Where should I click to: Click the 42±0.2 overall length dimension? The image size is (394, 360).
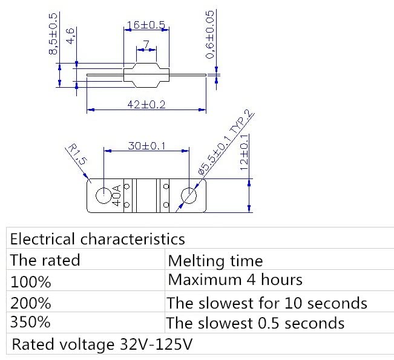(x=146, y=104)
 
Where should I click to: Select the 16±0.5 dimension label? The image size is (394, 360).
(x=145, y=25)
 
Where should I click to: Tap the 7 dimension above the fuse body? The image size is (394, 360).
(x=146, y=44)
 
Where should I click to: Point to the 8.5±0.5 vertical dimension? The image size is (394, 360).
(x=53, y=34)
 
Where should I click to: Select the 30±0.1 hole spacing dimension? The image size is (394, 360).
(x=146, y=146)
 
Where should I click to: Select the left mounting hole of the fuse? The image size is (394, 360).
(x=103, y=196)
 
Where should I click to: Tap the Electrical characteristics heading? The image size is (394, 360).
(x=97, y=238)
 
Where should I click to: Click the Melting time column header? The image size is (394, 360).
(x=215, y=261)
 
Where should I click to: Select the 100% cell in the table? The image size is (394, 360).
(x=31, y=281)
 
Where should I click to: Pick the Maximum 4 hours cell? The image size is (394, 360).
(x=235, y=280)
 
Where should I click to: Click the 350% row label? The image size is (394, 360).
(x=31, y=322)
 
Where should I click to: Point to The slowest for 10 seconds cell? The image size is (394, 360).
(x=267, y=302)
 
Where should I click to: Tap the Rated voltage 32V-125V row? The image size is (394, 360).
(x=102, y=345)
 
